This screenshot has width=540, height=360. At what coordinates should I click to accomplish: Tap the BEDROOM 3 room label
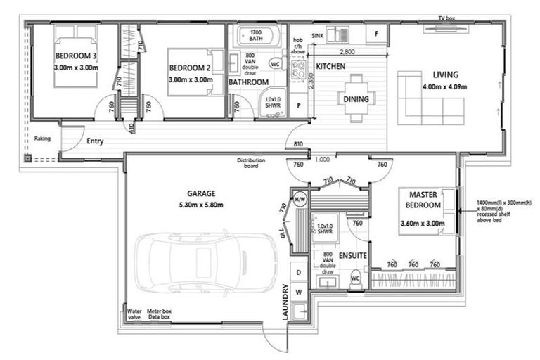pos(76,56)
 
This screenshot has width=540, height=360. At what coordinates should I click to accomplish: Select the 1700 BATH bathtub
pos(256,36)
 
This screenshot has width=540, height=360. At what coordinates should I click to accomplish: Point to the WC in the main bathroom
pos(275,64)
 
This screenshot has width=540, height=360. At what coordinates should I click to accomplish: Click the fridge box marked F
pos(376,34)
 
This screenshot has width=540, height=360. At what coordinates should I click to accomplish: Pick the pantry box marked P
pos(299,105)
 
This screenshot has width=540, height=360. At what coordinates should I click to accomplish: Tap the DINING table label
pos(356,99)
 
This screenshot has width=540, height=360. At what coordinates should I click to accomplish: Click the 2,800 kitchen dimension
pos(347,52)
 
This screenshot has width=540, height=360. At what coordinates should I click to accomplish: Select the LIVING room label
pos(445,75)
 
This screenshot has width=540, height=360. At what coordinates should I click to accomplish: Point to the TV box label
pos(446,18)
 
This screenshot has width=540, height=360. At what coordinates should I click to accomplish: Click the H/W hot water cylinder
pos(300,199)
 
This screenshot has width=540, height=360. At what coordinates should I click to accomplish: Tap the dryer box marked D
pos(299,273)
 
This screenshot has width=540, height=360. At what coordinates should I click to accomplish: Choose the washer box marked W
pos(299,292)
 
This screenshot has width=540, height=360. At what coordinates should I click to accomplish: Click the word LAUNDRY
pos(285,302)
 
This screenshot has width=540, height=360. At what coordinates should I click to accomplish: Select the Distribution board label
pos(251,163)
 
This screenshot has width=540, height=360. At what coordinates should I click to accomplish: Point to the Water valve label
pos(134,314)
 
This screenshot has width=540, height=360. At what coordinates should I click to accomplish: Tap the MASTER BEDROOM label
pos(423,200)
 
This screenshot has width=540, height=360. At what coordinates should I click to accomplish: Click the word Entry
pos(95,141)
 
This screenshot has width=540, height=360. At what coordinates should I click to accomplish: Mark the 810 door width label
pos(298,144)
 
